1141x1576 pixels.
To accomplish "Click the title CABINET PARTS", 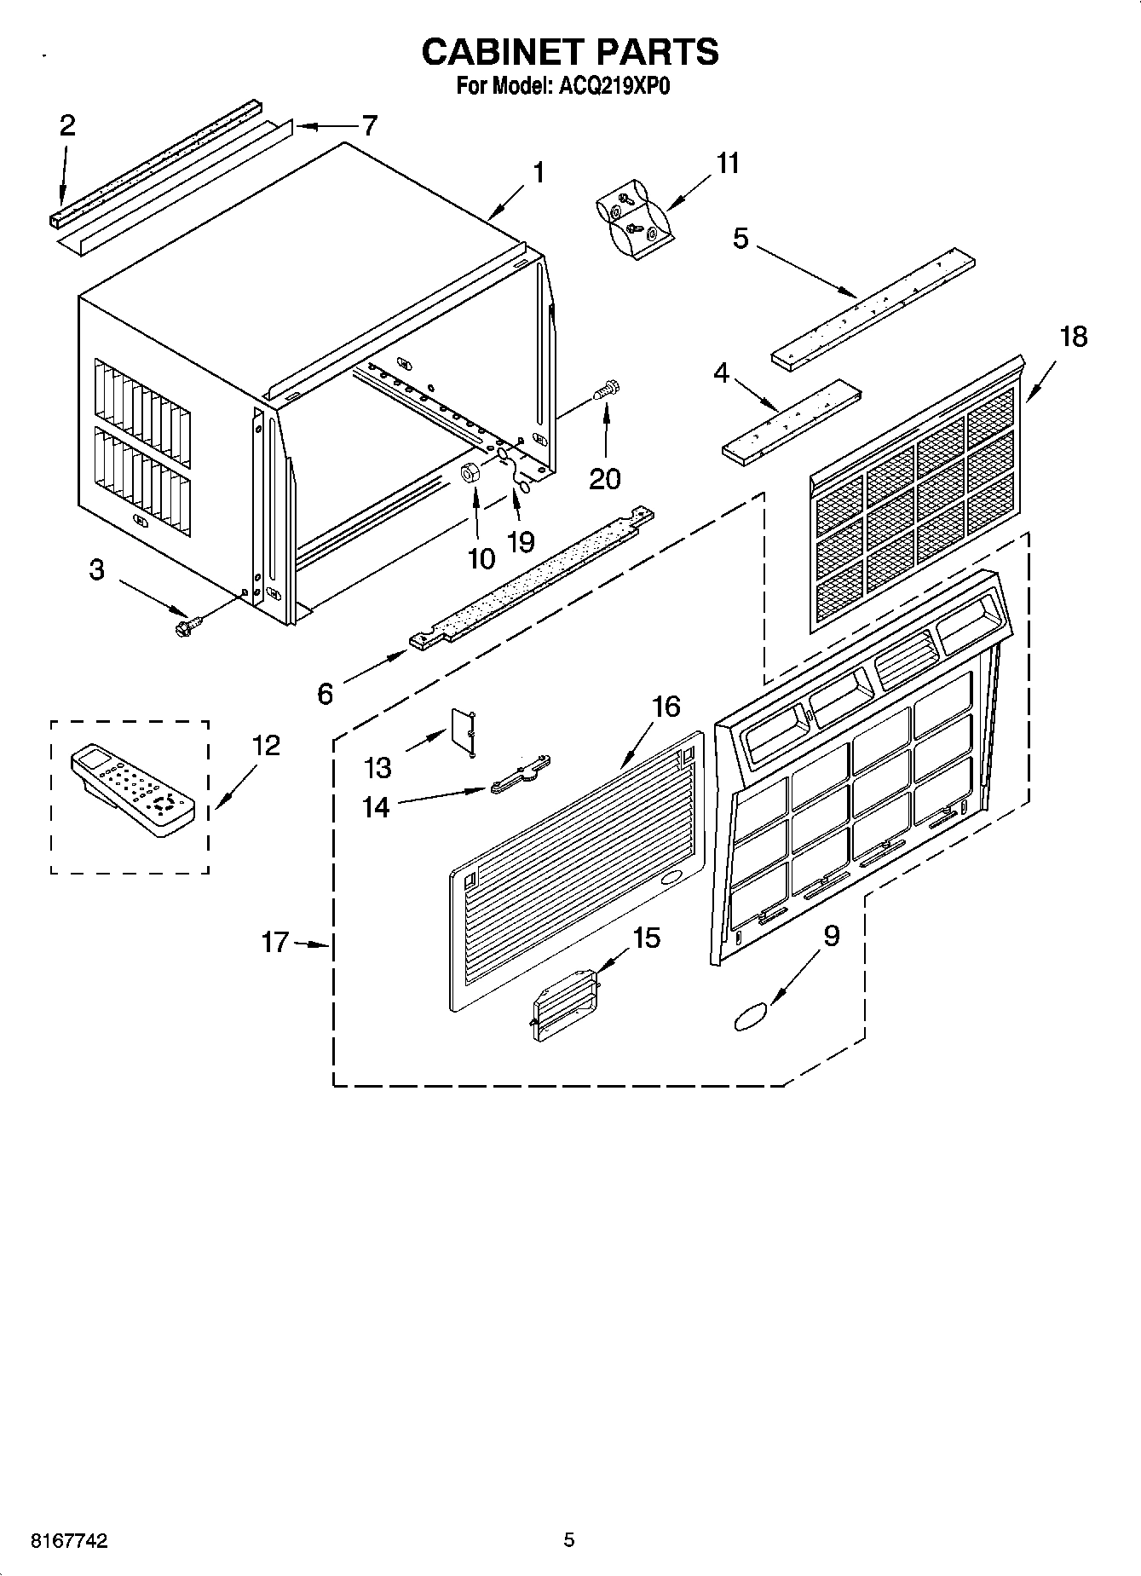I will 570,52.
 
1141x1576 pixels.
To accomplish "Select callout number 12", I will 266,746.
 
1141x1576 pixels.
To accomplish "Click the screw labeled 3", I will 183,628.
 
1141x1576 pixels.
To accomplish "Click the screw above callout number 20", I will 608,391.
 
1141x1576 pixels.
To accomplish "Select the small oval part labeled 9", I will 750,1017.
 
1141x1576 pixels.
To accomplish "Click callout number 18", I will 1074,337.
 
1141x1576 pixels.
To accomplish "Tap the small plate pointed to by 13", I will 464,730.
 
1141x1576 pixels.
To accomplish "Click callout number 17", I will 275,943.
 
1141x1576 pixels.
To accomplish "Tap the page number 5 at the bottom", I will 569,1539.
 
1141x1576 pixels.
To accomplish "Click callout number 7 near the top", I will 368,126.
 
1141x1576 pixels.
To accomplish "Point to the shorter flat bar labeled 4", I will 791,424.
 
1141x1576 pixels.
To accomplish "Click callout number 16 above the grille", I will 666,706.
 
